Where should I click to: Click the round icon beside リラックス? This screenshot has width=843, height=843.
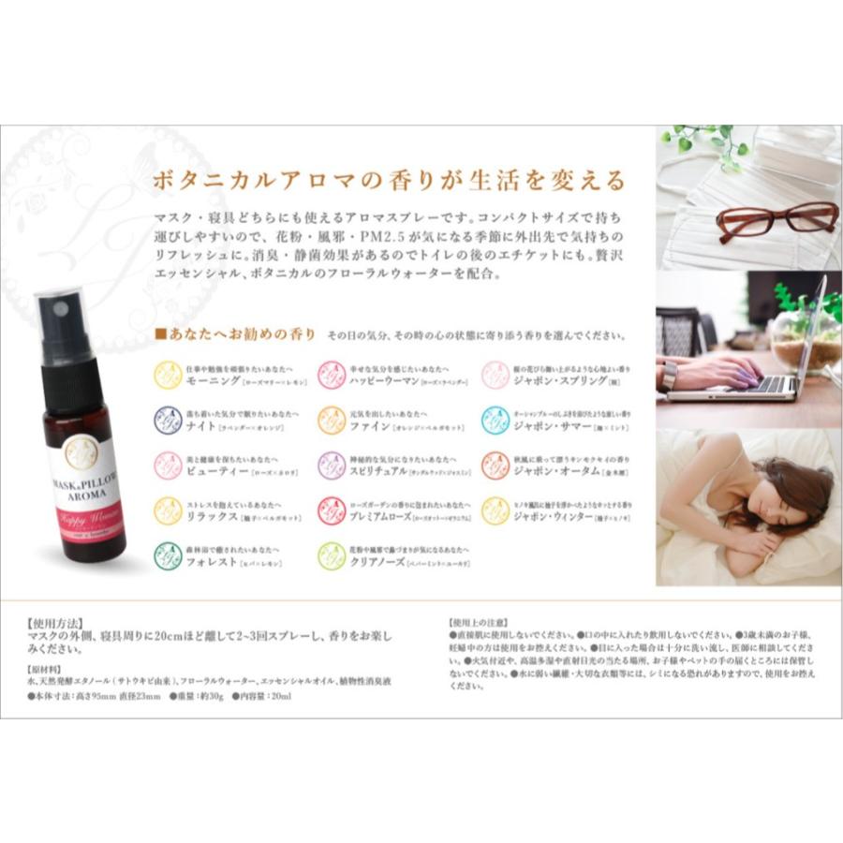(168, 510)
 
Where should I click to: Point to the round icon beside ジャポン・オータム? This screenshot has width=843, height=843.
(495, 466)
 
